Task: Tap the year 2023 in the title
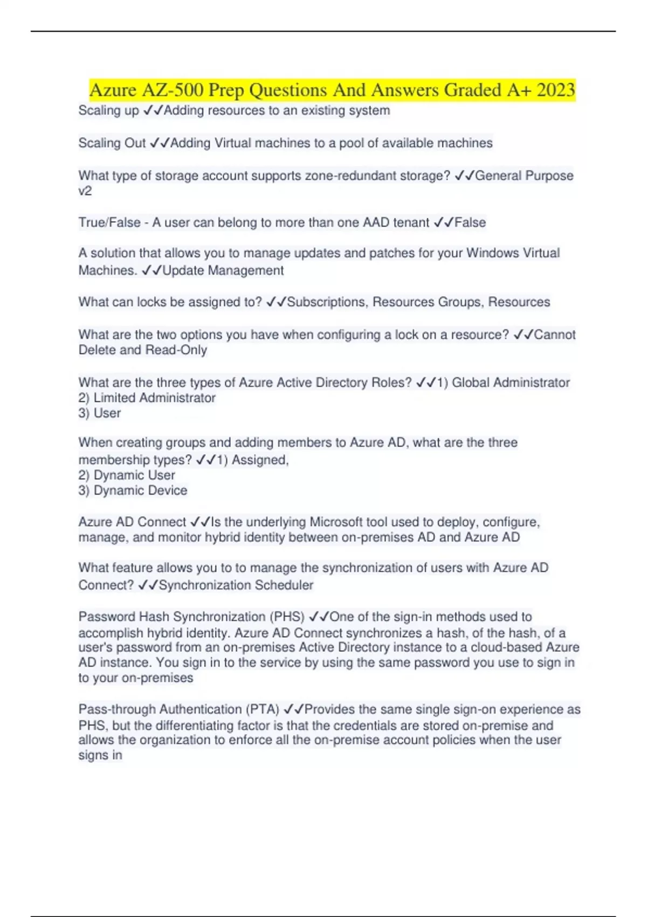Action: [556, 90]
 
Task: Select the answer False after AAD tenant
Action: [470, 223]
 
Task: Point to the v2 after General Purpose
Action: [85, 191]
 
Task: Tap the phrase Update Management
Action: [223, 271]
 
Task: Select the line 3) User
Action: [100, 413]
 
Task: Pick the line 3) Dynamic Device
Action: [133, 490]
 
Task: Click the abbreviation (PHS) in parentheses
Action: [287, 617]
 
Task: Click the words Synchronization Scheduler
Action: [236, 585]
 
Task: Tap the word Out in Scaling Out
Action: [135, 143]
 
